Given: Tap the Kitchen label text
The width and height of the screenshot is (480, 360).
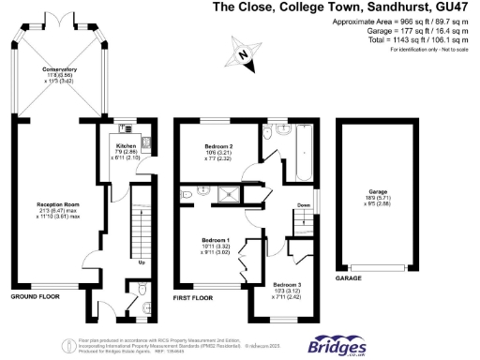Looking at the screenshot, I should (127, 147).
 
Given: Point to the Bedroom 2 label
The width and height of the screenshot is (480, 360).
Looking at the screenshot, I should (218, 147).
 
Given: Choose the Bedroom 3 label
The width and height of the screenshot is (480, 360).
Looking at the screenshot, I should (288, 284).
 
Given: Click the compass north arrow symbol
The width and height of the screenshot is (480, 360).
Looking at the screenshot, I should (246, 56).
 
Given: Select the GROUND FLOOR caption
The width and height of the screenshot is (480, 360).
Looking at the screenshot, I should (35, 297).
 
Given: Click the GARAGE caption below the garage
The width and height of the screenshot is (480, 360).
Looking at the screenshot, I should (349, 278).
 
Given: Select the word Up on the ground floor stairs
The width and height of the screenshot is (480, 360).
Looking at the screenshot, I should (142, 262).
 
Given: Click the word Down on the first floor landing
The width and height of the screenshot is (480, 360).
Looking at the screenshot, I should (304, 205).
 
